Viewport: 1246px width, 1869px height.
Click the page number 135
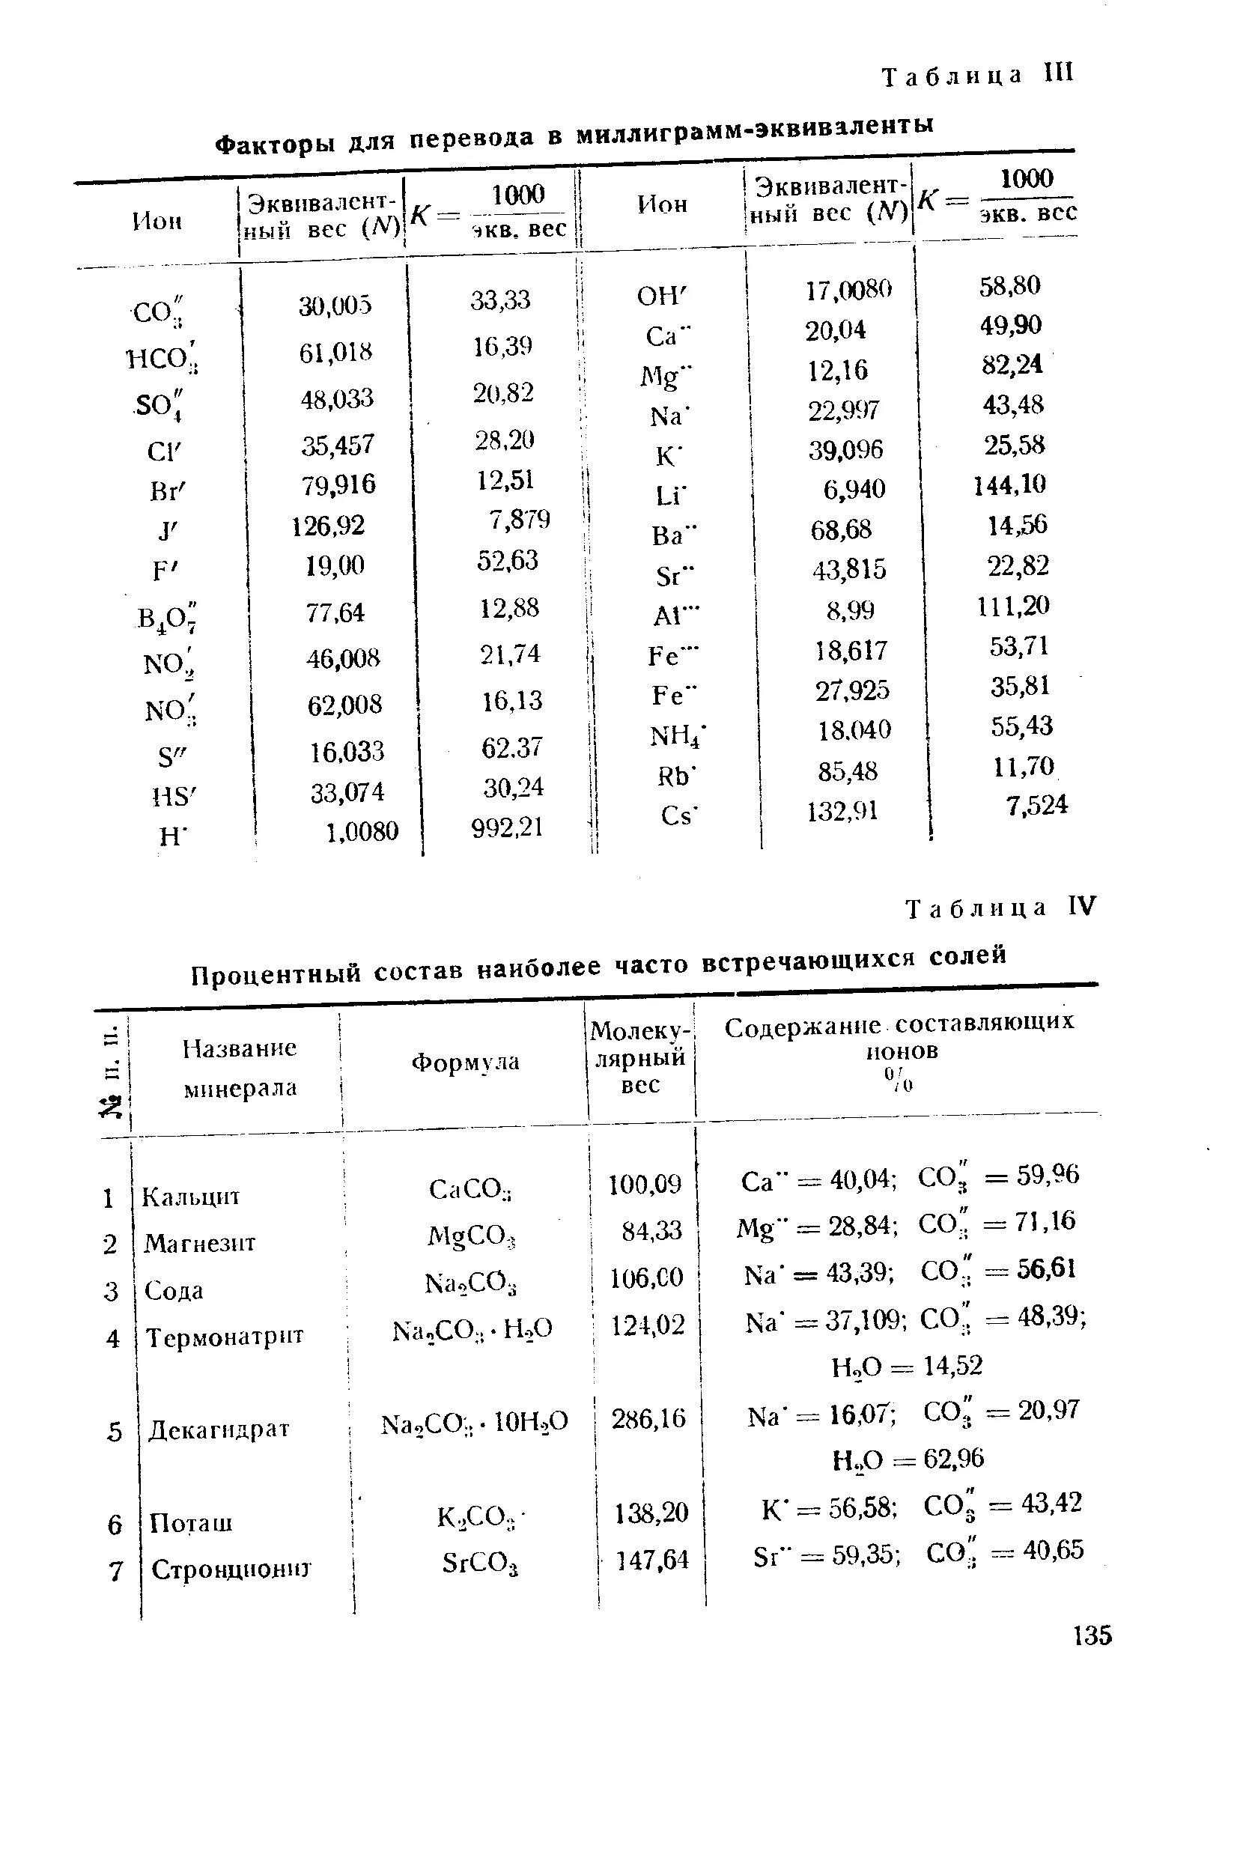pyautogui.click(x=1092, y=1636)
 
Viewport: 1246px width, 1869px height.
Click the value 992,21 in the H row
pyautogui.click(x=507, y=828)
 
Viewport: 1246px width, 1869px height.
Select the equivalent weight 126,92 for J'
pyautogui.click(x=328, y=525)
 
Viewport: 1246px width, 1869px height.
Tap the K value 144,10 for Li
pyautogui.click(x=1010, y=484)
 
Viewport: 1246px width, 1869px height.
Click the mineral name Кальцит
pyautogui.click(x=191, y=1197)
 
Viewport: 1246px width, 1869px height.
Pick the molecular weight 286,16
pyautogui.click(x=648, y=1418)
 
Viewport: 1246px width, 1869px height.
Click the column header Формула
pyautogui.click(x=465, y=1063)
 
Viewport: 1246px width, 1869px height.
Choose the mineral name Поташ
pyautogui.click(x=191, y=1522)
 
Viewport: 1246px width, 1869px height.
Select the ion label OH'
pyautogui.click(x=660, y=296)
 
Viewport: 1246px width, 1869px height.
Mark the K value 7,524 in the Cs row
pyautogui.click(x=1037, y=805)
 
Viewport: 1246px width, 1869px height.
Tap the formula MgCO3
pyautogui.click(x=472, y=1236)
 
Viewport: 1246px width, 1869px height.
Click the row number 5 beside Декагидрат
pyautogui.click(x=115, y=1431)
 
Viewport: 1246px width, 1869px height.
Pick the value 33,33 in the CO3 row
pyautogui.click(x=501, y=300)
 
